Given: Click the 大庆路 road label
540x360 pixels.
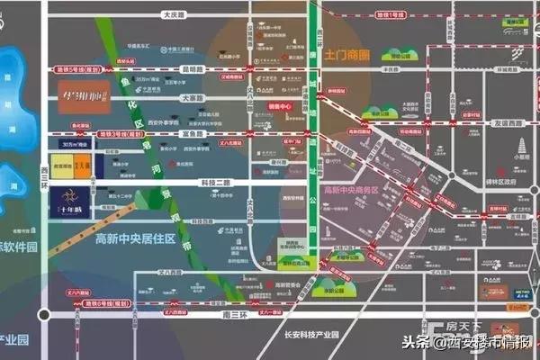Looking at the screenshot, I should [x=174, y=14].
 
